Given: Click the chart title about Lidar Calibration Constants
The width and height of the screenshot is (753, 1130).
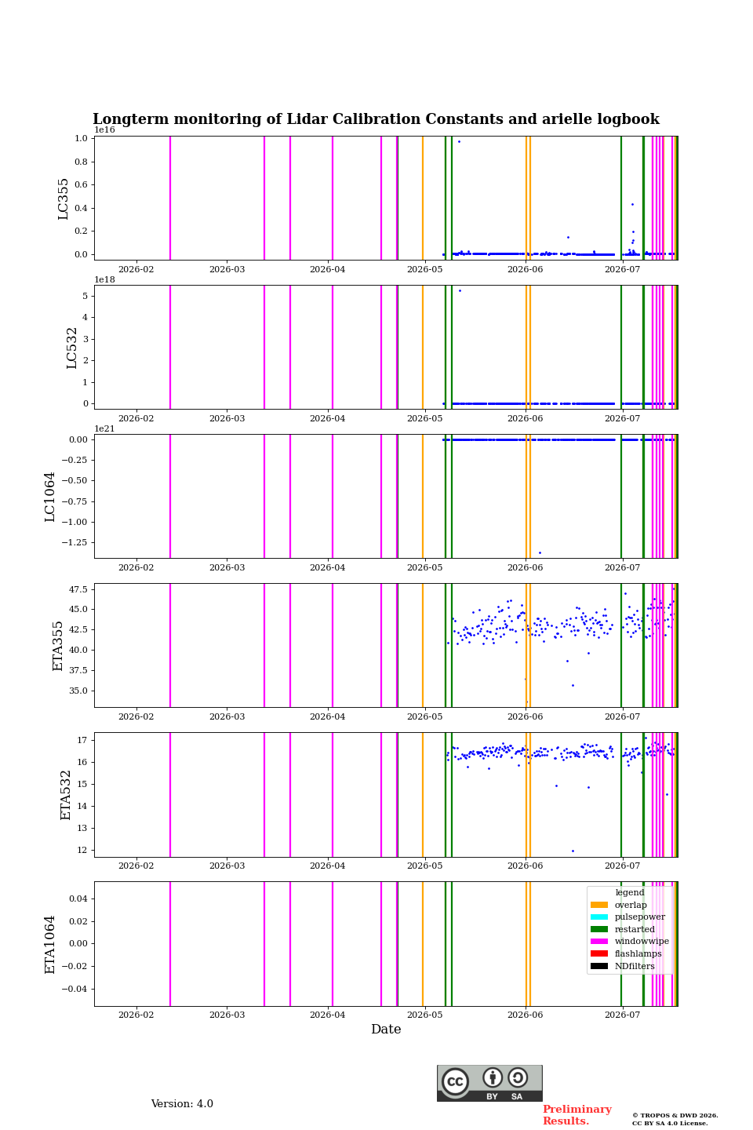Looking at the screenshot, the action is (376, 119).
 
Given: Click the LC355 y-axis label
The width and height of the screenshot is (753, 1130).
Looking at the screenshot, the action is (63, 199).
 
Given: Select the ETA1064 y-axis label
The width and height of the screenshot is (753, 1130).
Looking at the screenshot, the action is (49, 944).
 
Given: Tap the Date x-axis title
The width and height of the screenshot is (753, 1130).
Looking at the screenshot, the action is (386, 1029).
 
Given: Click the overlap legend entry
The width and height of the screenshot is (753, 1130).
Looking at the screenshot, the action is (619, 905).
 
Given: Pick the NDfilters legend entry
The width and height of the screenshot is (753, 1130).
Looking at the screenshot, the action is (622, 966).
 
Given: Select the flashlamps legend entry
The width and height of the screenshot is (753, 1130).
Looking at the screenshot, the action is (626, 953).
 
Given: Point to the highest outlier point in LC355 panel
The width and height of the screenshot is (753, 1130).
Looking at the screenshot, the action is (459, 142).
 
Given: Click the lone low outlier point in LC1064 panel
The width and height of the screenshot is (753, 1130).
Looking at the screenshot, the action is (540, 553).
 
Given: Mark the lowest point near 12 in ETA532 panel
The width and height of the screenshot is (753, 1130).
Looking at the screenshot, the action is (573, 851).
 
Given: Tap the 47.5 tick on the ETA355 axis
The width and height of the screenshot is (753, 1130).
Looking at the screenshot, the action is (78, 589).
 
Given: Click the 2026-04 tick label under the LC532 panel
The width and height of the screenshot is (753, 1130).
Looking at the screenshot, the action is (327, 418).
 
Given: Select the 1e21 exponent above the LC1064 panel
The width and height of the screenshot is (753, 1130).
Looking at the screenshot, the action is (104, 428).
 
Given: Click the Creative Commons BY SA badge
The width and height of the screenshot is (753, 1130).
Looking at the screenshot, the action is (489, 1083).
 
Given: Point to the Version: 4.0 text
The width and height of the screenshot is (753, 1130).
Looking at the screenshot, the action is (182, 1103).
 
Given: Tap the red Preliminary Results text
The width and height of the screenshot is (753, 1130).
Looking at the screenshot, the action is (577, 1115).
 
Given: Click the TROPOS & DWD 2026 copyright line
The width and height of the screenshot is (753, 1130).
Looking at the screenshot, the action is (675, 1115).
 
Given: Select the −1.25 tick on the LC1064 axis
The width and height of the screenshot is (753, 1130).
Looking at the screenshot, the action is (75, 542).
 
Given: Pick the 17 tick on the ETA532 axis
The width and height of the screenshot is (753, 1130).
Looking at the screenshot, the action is (82, 740).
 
